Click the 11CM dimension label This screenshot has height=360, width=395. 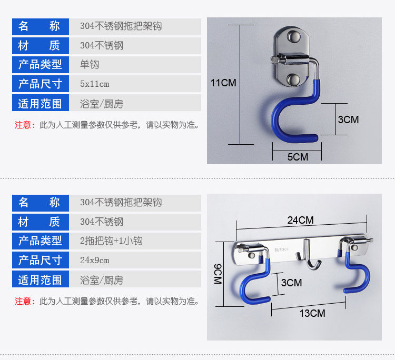pyautogui.click(x=223, y=83)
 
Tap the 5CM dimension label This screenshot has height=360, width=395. pyautogui.click(x=298, y=156)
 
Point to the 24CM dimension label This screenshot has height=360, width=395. pyautogui.click(x=300, y=220)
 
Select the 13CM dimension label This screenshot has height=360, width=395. pyautogui.click(x=312, y=313)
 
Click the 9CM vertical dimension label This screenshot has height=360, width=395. pyautogui.click(x=218, y=274)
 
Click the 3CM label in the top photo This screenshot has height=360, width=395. pyautogui.click(x=348, y=119)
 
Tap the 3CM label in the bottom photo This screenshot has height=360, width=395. pyautogui.click(x=291, y=283)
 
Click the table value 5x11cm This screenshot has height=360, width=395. pyautogui.click(x=95, y=84)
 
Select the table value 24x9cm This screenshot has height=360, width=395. pyautogui.click(x=95, y=260)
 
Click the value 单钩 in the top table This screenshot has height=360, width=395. pyautogui.click(x=90, y=65)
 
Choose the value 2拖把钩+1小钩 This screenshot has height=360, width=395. pyautogui.click(x=111, y=241)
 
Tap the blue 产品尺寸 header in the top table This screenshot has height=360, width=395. pyautogui.click(x=41, y=84)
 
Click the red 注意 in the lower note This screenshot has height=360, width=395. pyautogui.click(x=23, y=302)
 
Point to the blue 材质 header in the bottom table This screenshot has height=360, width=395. pyautogui.click(x=41, y=222)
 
